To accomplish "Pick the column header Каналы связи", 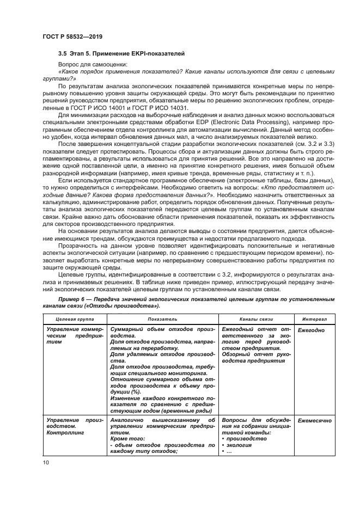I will (x=255, y=318).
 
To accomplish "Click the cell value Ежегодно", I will (x=311, y=330).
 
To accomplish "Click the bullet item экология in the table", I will (x=240, y=445).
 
